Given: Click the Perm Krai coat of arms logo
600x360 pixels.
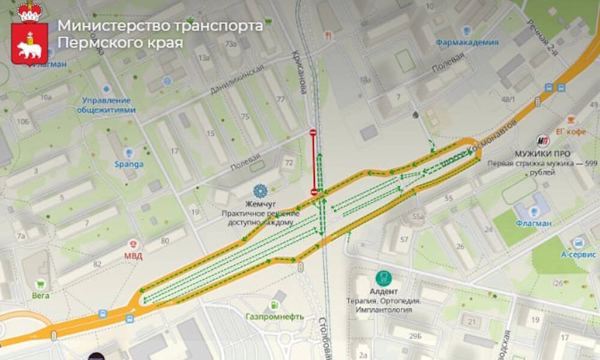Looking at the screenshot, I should [x=29, y=34].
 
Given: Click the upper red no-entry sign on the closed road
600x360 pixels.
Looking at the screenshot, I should [x=313, y=132].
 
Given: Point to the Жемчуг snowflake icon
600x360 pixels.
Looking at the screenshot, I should [x=259, y=191].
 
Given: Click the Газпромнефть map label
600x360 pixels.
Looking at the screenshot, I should [x=275, y=316].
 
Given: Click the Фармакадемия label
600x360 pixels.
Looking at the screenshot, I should [x=467, y=42].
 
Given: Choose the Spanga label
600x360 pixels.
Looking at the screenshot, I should [x=129, y=164].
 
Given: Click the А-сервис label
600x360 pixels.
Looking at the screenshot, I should [x=578, y=254].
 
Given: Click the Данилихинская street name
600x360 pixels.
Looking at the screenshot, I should [x=237, y=79].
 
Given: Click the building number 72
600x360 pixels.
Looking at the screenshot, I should [x=289, y=163].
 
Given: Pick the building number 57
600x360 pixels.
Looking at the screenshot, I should [x=404, y=241].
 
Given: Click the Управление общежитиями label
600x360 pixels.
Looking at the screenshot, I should [x=106, y=105].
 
